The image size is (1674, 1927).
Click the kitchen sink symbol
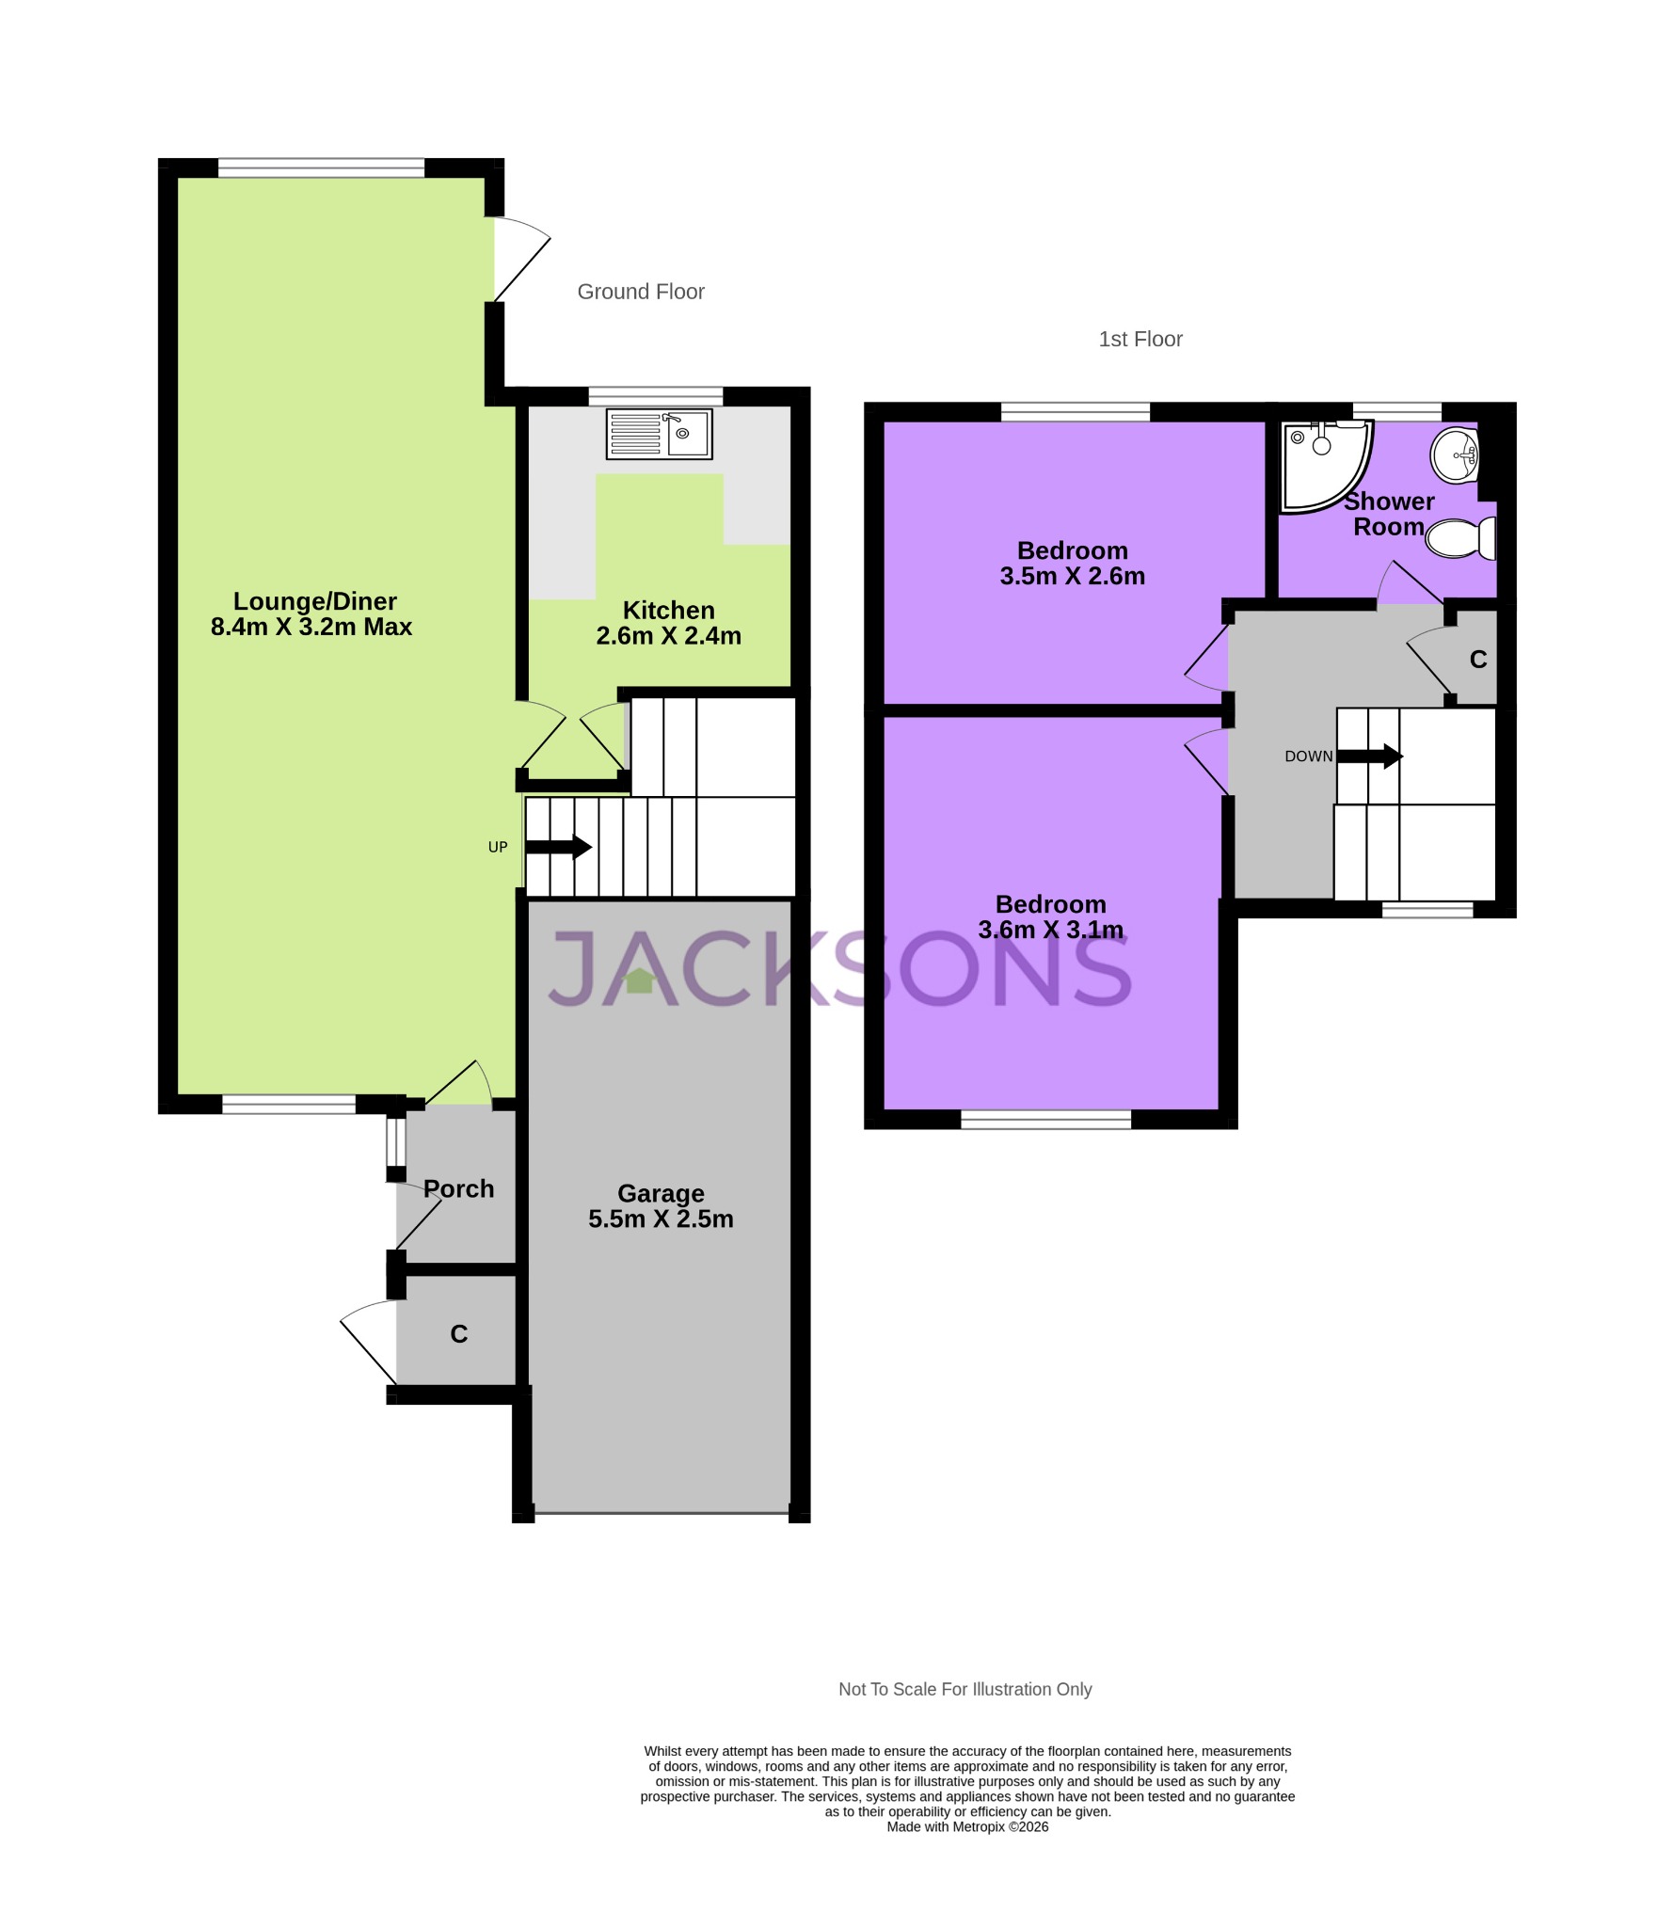coord(659,434)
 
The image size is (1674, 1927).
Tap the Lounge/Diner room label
coord(314,601)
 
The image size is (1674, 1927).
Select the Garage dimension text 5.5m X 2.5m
coord(661,1219)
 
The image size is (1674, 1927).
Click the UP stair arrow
coord(559,847)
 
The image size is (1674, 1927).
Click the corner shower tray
coord(1322,463)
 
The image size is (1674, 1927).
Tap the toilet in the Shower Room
coord(1460,538)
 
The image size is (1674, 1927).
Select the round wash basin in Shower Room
coord(1456,455)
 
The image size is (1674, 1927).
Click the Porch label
coord(458,1189)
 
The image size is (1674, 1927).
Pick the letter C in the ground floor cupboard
coord(459,1334)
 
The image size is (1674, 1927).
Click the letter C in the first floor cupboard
coord(1478,660)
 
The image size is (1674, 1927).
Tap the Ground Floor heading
coord(641,292)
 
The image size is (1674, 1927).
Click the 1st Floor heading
coord(1140,339)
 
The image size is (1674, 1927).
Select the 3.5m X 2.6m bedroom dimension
coord(1072,577)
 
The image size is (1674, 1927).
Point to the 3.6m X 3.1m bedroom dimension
coord(1050,931)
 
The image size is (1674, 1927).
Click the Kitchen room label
coord(668,610)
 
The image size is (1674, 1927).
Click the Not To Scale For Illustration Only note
coord(965,1689)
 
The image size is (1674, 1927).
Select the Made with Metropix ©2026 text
coord(967,1826)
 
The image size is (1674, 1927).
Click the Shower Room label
coord(1388,514)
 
